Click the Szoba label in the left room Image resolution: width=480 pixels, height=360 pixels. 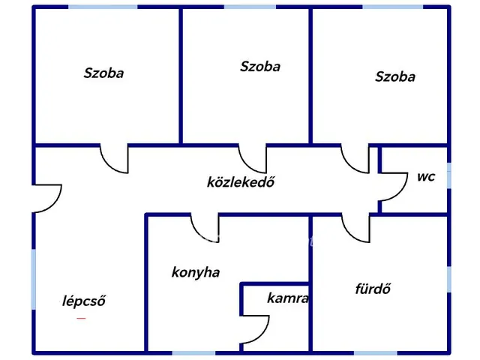pos(103,73)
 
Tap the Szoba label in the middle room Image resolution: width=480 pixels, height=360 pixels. pos(260,67)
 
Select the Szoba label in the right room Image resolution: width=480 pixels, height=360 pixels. pos(395,76)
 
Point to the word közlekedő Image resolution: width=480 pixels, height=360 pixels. pos(241,181)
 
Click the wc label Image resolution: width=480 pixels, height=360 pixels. pos(426,177)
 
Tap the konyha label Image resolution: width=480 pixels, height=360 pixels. pos(196,272)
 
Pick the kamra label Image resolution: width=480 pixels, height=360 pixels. pos(288,298)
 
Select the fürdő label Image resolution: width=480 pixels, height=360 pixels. pos(373,289)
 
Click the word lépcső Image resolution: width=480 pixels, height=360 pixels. pos(83,301)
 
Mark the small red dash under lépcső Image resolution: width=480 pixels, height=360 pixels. pos(81,318)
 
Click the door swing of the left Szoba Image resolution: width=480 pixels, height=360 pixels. pos(108,165)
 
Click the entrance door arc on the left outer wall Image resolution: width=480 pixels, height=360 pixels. pos(55,205)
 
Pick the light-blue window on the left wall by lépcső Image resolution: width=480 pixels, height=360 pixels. pos(34,279)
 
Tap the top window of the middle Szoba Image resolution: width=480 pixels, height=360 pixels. pos(250,7)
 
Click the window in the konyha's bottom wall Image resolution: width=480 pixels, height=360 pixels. pos(193,353)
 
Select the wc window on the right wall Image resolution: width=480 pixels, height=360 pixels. pos(448,175)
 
